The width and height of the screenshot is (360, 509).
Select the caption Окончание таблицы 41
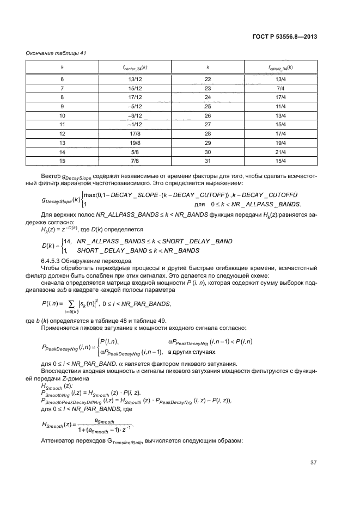point(57,53)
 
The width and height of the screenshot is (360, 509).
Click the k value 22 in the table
point(208,79)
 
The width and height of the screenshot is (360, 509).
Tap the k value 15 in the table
point(62,160)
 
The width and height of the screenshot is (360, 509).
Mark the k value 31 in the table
point(208,160)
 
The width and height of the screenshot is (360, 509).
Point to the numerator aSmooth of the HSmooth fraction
point(105,421)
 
